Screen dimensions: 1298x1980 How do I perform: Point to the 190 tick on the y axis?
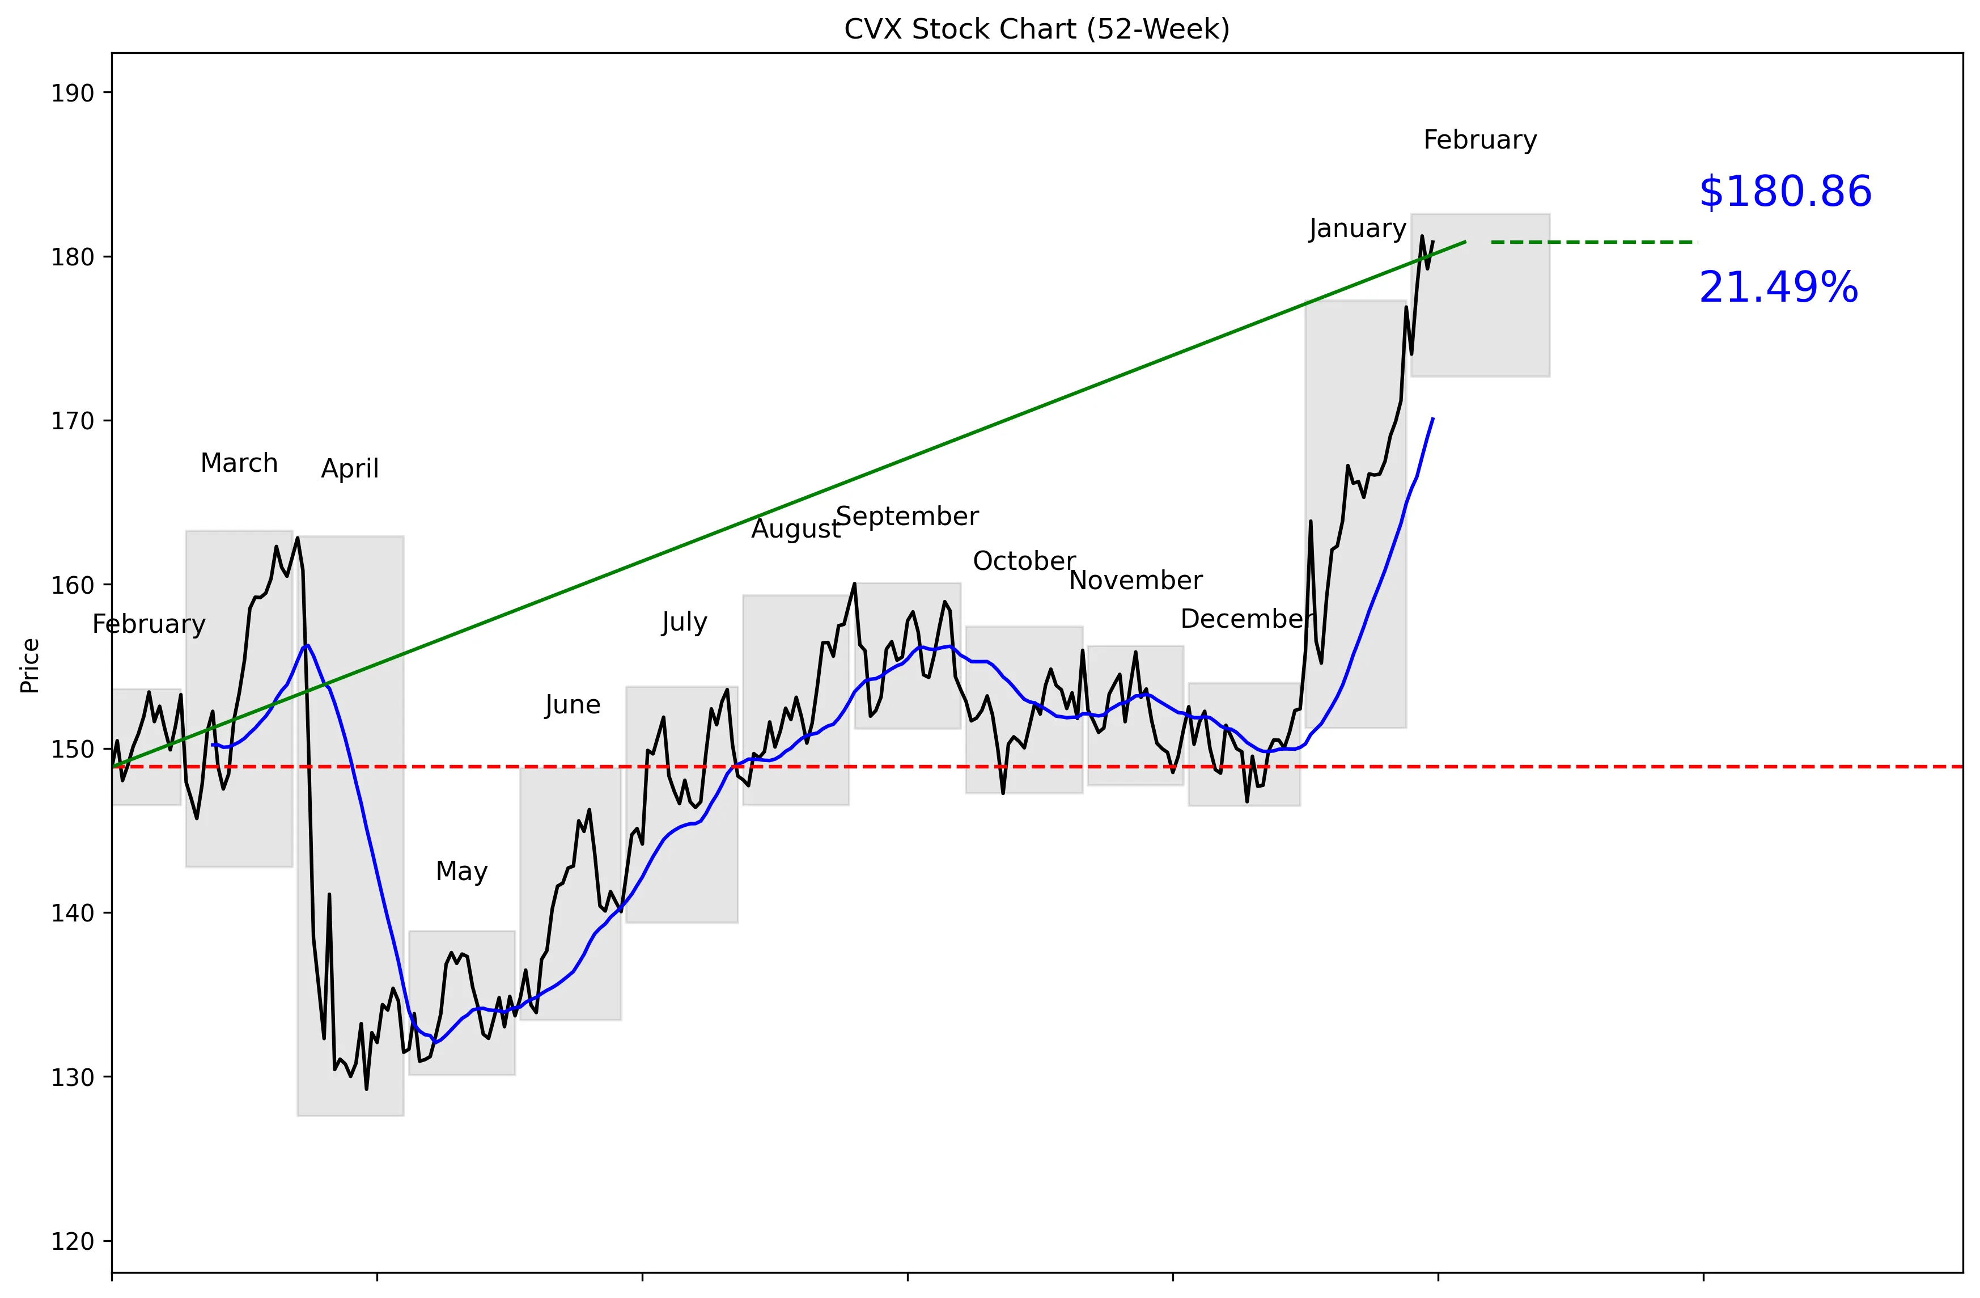[x=73, y=93]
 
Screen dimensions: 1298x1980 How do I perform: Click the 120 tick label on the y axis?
[x=73, y=1241]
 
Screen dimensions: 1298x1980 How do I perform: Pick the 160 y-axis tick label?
[x=73, y=586]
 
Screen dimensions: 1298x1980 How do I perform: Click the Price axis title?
[x=30, y=666]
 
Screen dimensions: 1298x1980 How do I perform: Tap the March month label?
[x=239, y=463]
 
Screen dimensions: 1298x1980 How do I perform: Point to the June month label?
[x=573, y=705]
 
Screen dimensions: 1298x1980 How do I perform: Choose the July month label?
[x=684, y=623]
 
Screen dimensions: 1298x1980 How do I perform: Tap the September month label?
[x=907, y=517]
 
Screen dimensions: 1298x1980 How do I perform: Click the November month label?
[x=1135, y=581]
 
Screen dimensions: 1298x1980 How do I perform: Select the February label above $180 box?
[x=1480, y=140]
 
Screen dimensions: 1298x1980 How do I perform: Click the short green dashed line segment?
[x=1593, y=242]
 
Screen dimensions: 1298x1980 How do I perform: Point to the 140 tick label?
[x=73, y=914]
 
